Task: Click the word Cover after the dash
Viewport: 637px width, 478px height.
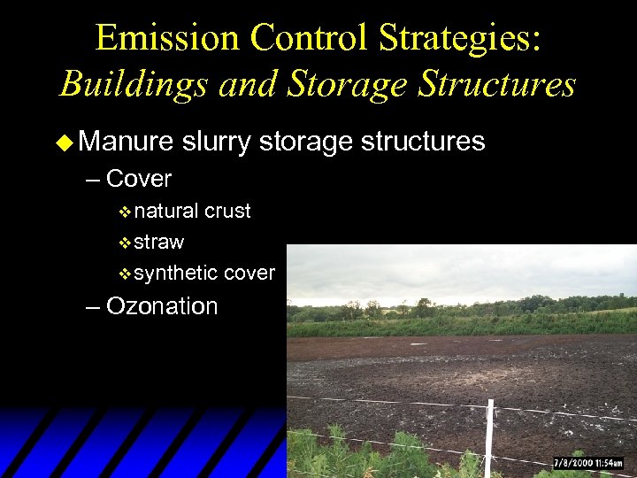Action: [138, 179]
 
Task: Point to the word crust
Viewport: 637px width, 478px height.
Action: [227, 212]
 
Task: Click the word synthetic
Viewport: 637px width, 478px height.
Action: [175, 273]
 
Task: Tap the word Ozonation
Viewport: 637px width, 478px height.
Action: [161, 306]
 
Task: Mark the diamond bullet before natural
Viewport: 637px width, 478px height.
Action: [124, 212]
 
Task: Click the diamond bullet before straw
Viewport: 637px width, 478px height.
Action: [124, 243]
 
